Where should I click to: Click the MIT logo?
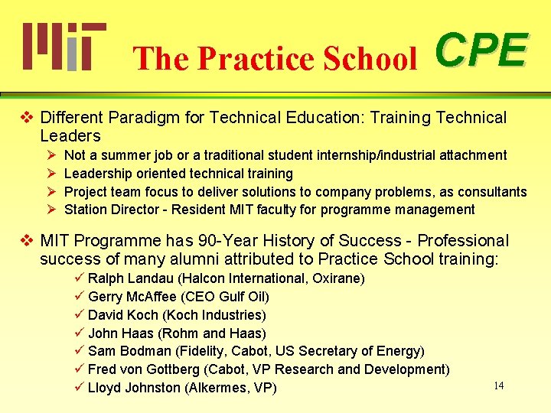(x=64, y=46)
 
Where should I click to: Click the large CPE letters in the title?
(x=481, y=50)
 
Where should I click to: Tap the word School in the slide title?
(x=374, y=58)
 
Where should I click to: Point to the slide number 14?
(x=498, y=385)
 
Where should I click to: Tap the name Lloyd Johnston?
(x=134, y=388)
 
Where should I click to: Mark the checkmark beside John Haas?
(x=79, y=333)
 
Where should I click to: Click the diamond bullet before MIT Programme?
(x=27, y=241)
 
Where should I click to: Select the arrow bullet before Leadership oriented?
(x=51, y=174)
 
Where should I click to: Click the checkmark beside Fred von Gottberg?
(x=79, y=369)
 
